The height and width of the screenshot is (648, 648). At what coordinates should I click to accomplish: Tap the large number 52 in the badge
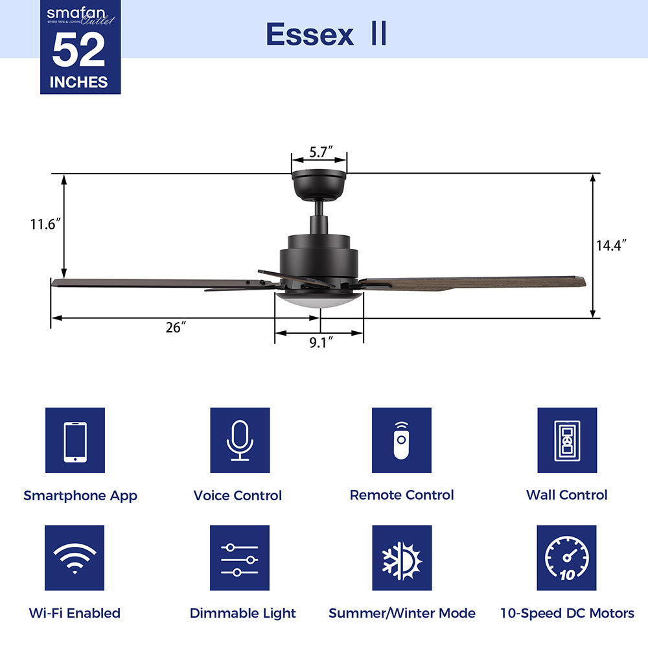pyautogui.click(x=79, y=50)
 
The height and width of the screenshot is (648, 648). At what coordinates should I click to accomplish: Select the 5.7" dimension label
pyautogui.click(x=320, y=152)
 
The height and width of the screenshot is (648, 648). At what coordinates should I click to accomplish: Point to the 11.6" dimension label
pyautogui.click(x=45, y=224)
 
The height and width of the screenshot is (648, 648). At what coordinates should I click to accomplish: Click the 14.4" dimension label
pyautogui.click(x=611, y=246)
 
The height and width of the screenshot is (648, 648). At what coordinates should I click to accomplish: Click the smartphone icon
pyautogui.click(x=75, y=441)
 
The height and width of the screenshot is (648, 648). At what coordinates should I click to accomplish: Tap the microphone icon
pyautogui.click(x=240, y=441)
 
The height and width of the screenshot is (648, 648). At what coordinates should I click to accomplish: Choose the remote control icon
pyautogui.click(x=402, y=441)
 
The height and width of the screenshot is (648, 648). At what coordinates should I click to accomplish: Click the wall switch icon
pyautogui.click(x=567, y=441)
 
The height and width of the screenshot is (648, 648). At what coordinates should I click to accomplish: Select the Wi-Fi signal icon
pyautogui.click(x=75, y=558)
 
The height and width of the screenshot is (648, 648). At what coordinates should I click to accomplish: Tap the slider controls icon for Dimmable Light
pyautogui.click(x=240, y=558)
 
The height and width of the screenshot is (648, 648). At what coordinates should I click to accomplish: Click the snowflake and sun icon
pyautogui.click(x=402, y=558)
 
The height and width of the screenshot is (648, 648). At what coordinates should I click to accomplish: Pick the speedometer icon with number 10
pyautogui.click(x=567, y=558)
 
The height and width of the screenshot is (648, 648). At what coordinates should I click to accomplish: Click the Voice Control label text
pyautogui.click(x=237, y=496)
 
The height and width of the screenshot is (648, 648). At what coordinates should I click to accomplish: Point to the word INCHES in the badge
pyautogui.click(x=79, y=82)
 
